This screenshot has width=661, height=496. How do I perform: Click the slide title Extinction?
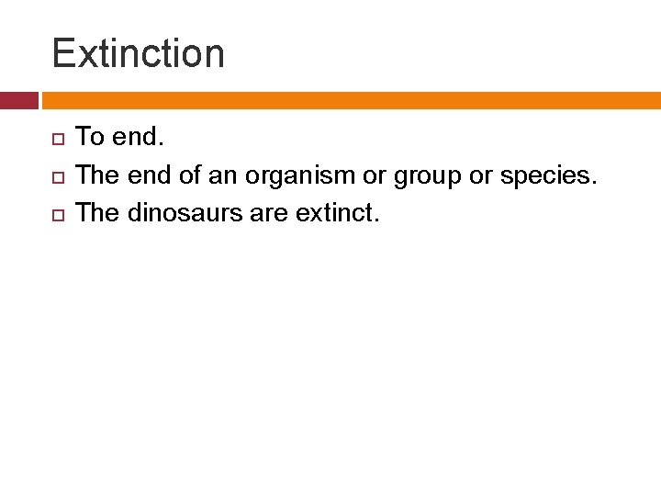click(x=138, y=53)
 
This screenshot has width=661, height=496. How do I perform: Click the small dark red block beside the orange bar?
click(x=18, y=100)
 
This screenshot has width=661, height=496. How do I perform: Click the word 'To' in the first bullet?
click(x=90, y=138)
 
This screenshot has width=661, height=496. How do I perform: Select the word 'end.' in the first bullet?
click(x=139, y=138)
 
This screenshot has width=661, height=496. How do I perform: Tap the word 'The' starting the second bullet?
click(x=97, y=175)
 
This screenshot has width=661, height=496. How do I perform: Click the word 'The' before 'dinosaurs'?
click(x=97, y=213)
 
